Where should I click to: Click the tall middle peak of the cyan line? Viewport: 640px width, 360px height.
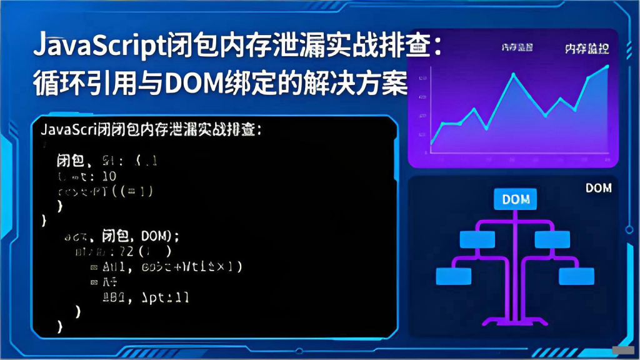(x=514, y=74)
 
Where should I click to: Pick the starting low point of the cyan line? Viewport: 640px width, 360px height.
(x=432, y=143)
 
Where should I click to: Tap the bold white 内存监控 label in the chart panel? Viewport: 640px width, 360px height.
(x=587, y=48)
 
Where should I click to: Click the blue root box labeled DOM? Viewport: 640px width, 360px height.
(x=516, y=199)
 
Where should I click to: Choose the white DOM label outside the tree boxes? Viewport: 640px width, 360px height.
(x=598, y=187)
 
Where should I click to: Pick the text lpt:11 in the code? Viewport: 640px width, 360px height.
(x=166, y=297)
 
